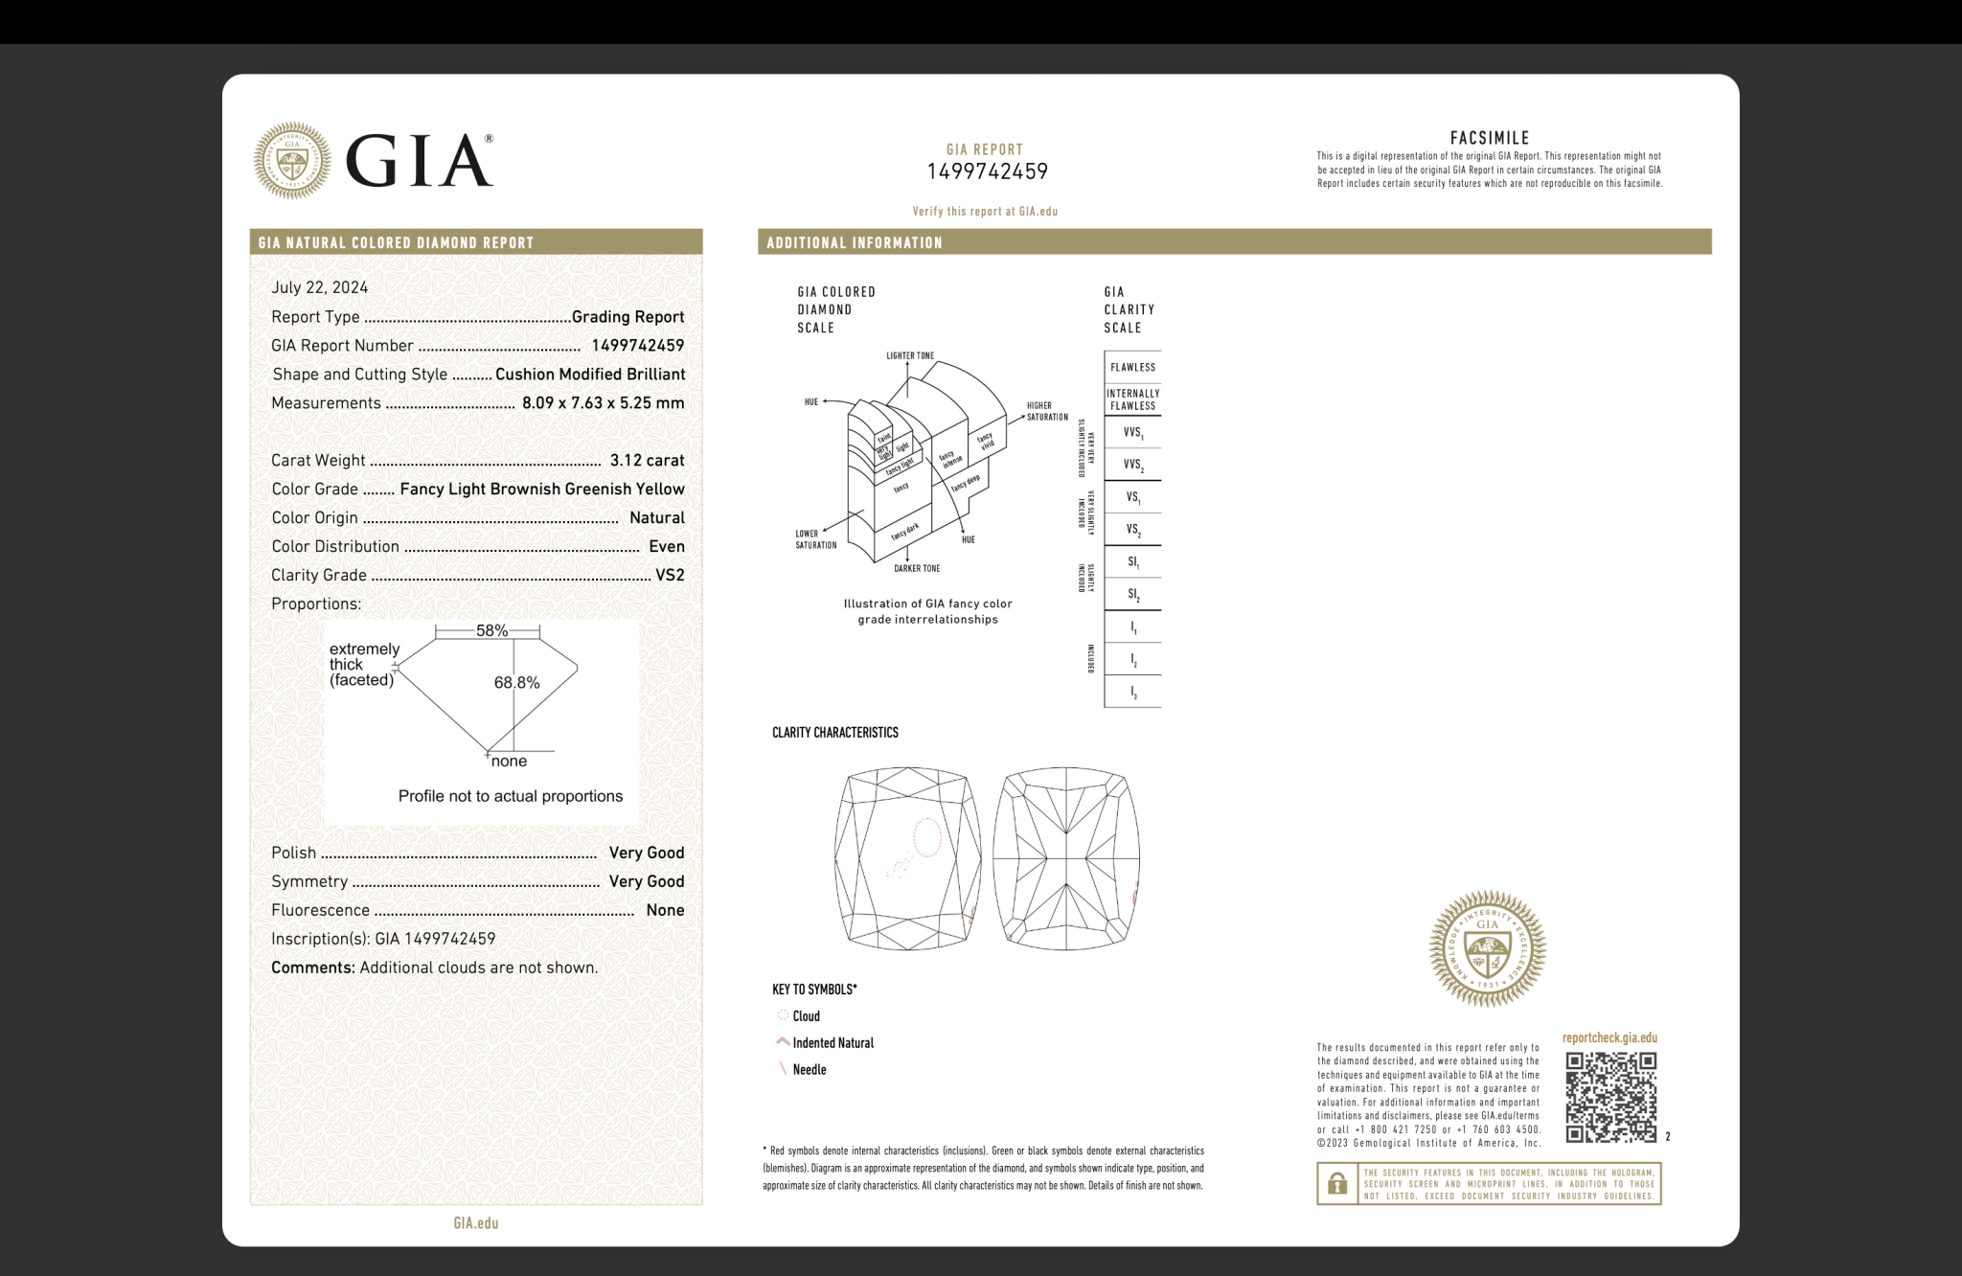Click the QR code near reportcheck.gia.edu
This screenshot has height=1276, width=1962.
point(1610,1097)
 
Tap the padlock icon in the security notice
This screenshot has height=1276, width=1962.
point(1337,1184)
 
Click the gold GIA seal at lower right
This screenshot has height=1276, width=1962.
point(1487,948)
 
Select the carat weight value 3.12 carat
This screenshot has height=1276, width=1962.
point(647,461)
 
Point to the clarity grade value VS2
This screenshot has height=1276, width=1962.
point(670,576)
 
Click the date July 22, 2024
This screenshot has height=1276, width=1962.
point(319,287)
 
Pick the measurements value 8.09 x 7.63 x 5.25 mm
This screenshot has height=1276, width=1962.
point(603,403)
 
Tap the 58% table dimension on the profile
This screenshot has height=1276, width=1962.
point(491,630)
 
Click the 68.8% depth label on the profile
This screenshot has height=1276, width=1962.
point(516,683)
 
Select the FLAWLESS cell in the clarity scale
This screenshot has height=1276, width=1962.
point(1132,368)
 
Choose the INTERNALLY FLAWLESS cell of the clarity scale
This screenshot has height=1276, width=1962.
point(1132,399)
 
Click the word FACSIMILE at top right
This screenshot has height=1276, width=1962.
point(1489,138)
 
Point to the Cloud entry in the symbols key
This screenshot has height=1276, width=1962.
point(806,1016)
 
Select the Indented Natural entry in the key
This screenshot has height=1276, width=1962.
point(833,1043)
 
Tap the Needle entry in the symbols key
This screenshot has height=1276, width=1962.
point(809,1070)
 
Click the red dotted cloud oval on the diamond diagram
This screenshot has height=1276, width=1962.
point(926,837)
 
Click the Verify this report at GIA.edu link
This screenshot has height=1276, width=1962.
point(985,212)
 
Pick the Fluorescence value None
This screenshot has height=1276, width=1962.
point(665,911)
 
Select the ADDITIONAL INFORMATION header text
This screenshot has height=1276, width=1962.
point(854,243)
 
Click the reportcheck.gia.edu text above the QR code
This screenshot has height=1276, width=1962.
point(1609,1038)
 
